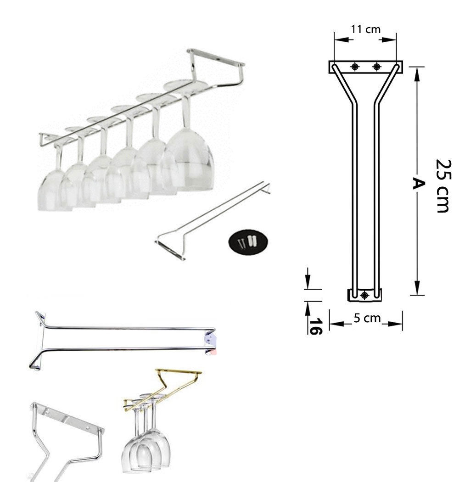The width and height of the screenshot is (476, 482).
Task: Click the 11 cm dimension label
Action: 366,29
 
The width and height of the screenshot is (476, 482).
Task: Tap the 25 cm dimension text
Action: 443,186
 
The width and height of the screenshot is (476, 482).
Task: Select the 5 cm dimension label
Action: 367,318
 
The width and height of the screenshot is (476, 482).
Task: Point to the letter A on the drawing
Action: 417,184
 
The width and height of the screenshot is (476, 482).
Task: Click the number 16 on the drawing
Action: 316,326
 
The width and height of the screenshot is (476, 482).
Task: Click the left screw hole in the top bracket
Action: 355,67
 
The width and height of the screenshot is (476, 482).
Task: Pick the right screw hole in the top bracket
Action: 376,67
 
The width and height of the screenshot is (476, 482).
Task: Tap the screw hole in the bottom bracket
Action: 364,296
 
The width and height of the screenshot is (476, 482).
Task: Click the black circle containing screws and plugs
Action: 248,241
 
